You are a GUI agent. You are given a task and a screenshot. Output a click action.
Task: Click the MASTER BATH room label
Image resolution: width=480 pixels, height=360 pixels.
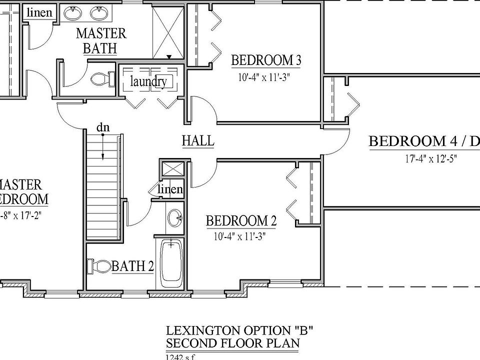(100, 40)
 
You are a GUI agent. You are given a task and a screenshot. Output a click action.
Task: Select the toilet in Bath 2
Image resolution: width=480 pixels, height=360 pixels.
(99, 266)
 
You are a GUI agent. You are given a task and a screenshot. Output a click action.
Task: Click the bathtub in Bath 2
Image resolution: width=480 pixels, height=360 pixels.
(171, 263)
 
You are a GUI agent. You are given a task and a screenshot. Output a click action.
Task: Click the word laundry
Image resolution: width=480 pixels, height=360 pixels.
(148, 81)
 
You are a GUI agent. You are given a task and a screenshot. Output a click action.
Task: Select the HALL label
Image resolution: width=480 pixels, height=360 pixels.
(197, 141)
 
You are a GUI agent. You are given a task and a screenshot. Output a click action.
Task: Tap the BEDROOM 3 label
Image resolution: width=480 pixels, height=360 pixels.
(265, 60)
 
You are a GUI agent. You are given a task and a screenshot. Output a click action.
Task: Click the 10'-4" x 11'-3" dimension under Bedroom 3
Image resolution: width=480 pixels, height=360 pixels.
(265, 77)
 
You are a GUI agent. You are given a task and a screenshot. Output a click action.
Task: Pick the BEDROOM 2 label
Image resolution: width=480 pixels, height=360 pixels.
(241, 220)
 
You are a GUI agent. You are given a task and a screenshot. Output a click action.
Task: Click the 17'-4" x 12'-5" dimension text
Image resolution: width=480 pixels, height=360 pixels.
(431, 160)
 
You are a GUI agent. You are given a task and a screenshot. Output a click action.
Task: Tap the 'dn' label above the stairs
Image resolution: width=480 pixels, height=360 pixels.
(102, 127)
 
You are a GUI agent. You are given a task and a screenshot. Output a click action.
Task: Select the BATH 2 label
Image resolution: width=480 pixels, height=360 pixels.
(132, 266)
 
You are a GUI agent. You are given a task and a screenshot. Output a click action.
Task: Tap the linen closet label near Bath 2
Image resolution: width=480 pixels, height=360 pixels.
(170, 190)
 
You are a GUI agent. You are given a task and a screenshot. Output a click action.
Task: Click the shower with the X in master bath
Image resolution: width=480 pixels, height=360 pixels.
(167, 31)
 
